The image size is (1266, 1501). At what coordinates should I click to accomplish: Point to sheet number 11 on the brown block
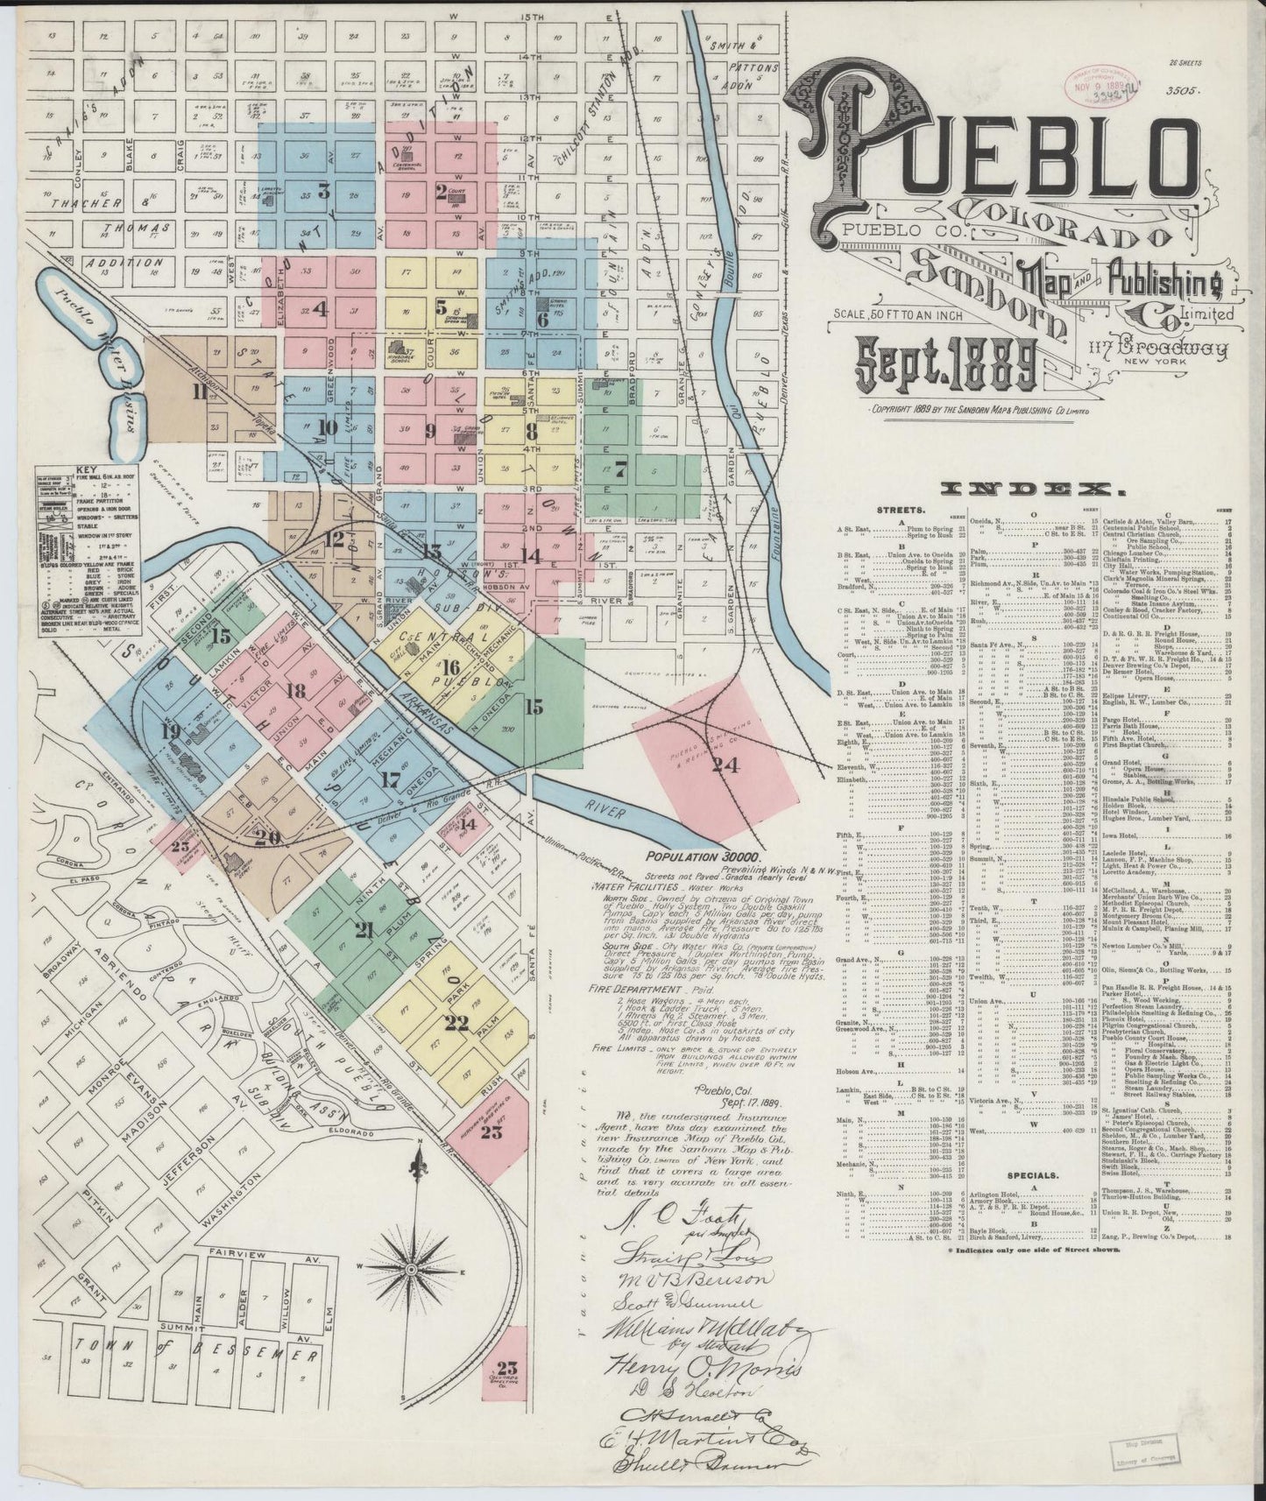(201, 391)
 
